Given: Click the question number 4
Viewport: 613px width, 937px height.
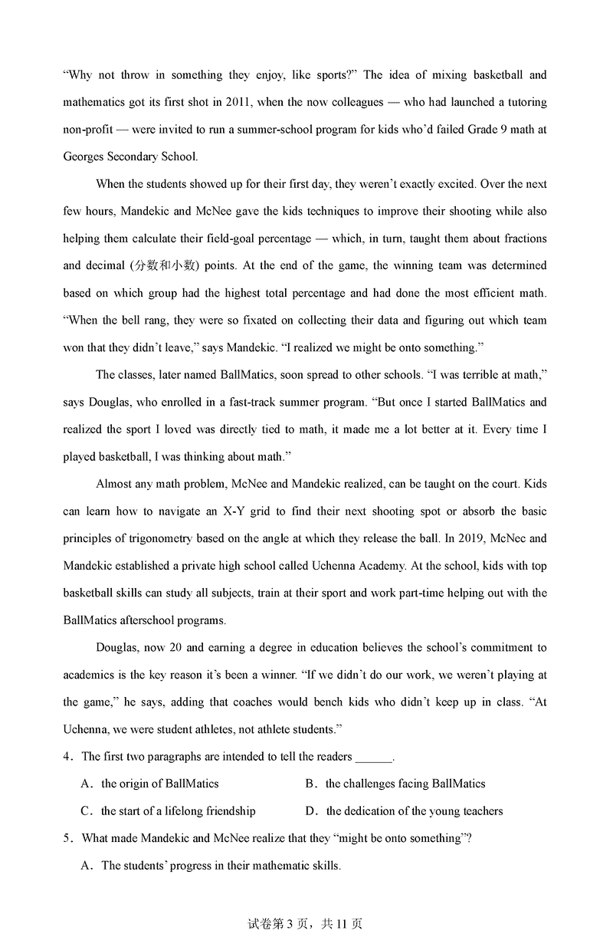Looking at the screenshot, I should (x=67, y=757).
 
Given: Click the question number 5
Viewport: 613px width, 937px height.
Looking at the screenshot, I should (x=67, y=838).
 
